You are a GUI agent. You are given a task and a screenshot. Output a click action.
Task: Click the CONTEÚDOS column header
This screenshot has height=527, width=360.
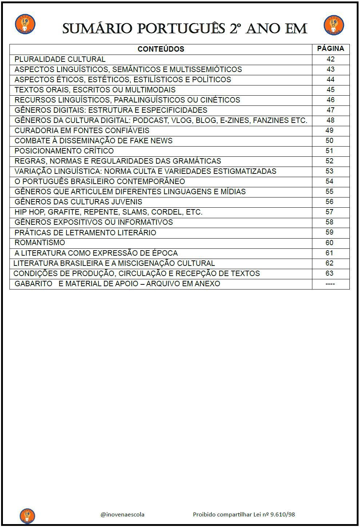[x=161, y=49]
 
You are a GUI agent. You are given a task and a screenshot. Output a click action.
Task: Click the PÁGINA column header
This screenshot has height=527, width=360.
[x=331, y=48]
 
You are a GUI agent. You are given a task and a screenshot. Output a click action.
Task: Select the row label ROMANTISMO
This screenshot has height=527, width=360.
[x=40, y=243]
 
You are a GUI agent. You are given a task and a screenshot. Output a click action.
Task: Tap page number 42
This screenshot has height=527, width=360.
[x=331, y=59]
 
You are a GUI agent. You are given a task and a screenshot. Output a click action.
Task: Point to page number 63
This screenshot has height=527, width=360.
[x=329, y=273]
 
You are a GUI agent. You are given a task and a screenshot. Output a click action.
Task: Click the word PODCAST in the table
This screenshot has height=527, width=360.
[x=148, y=120]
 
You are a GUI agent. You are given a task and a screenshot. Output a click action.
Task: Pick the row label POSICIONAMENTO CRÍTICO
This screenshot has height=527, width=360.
[x=64, y=151]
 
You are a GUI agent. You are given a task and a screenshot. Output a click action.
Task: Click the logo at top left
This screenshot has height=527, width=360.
[x=25, y=24]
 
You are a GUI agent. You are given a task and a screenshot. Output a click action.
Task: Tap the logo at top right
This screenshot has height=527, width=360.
[x=334, y=25]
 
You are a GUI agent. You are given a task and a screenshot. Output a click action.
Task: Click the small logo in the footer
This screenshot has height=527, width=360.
[x=27, y=515]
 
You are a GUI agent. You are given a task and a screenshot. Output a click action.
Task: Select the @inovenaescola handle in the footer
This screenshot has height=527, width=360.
[x=123, y=514]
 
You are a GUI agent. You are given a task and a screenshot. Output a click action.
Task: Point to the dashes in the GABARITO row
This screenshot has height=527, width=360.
[x=330, y=284]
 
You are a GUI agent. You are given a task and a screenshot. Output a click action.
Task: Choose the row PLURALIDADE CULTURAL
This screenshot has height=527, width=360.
[x=60, y=59]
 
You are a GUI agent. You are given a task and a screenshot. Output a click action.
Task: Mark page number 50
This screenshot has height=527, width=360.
[x=329, y=141]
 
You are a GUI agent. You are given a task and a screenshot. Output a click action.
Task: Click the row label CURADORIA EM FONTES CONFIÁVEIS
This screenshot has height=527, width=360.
[x=82, y=131]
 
